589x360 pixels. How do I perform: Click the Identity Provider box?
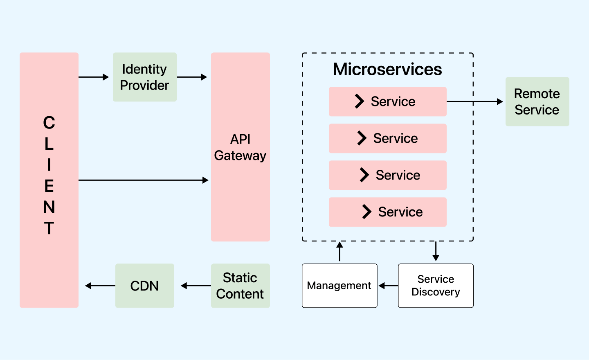(x=144, y=77)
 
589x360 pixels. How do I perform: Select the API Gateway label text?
(x=240, y=147)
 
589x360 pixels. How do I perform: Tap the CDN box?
(x=144, y=286)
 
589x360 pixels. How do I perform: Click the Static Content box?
(x=240, y=286)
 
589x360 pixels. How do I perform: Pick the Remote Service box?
(x=537, y=101)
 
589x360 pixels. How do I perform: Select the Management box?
(x=339, y=286)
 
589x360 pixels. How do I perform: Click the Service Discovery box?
(x=436, y=286)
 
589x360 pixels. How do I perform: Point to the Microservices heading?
(x=387, y=69)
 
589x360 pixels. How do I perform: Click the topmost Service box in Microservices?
(x=387, y=101)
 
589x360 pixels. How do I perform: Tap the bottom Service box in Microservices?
(x=387, y=212)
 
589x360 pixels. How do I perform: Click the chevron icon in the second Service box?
(x=362, y=138)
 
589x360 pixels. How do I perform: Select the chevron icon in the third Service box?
(x=364, y=175)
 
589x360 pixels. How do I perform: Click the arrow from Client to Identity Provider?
(x=94, y=77)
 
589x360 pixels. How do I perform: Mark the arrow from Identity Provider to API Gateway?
(x=192, y=77)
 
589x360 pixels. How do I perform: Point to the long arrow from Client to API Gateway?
(x=143, y=180)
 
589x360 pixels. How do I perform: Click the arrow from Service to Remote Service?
(x=474, y=101)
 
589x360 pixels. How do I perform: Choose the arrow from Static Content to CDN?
(x=196, y=286)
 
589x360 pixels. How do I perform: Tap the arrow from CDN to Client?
(x=100, y=286)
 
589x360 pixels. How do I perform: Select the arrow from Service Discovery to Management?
(x=388, y=286)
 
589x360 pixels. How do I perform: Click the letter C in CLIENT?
(x=49, y=123)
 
